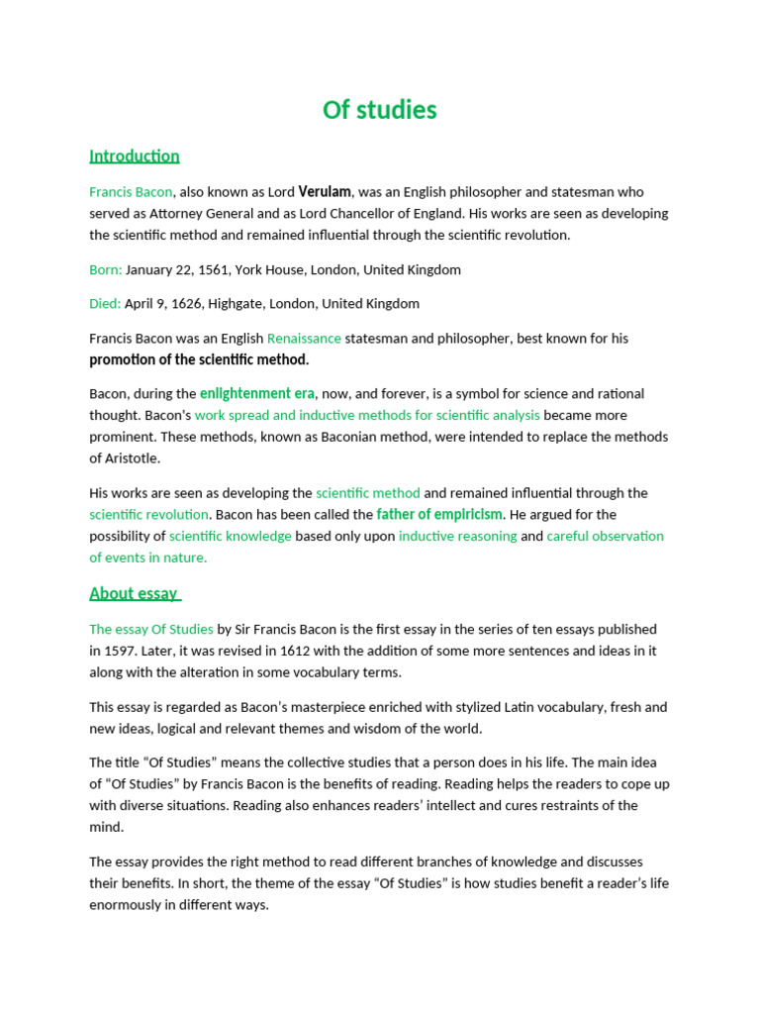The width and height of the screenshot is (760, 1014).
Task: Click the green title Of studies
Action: point(379,110)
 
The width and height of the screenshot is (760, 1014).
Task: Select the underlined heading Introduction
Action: point(135,156)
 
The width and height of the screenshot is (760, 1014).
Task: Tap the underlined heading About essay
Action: point(134,593)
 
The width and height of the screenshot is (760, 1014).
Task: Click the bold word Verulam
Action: point(325,192)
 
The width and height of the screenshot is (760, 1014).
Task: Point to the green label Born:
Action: point(106,269)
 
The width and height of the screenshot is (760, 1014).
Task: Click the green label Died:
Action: point(105,303)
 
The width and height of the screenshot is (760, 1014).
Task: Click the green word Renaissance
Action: point(304,338)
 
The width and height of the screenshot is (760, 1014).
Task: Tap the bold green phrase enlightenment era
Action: point(257,394)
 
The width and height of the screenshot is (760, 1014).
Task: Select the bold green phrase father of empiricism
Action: point(440,515)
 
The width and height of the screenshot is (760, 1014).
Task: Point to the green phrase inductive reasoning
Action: point(457,536)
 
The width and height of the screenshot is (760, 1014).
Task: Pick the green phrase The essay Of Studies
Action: point(151,629)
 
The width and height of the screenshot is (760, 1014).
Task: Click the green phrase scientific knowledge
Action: point(231,536)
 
